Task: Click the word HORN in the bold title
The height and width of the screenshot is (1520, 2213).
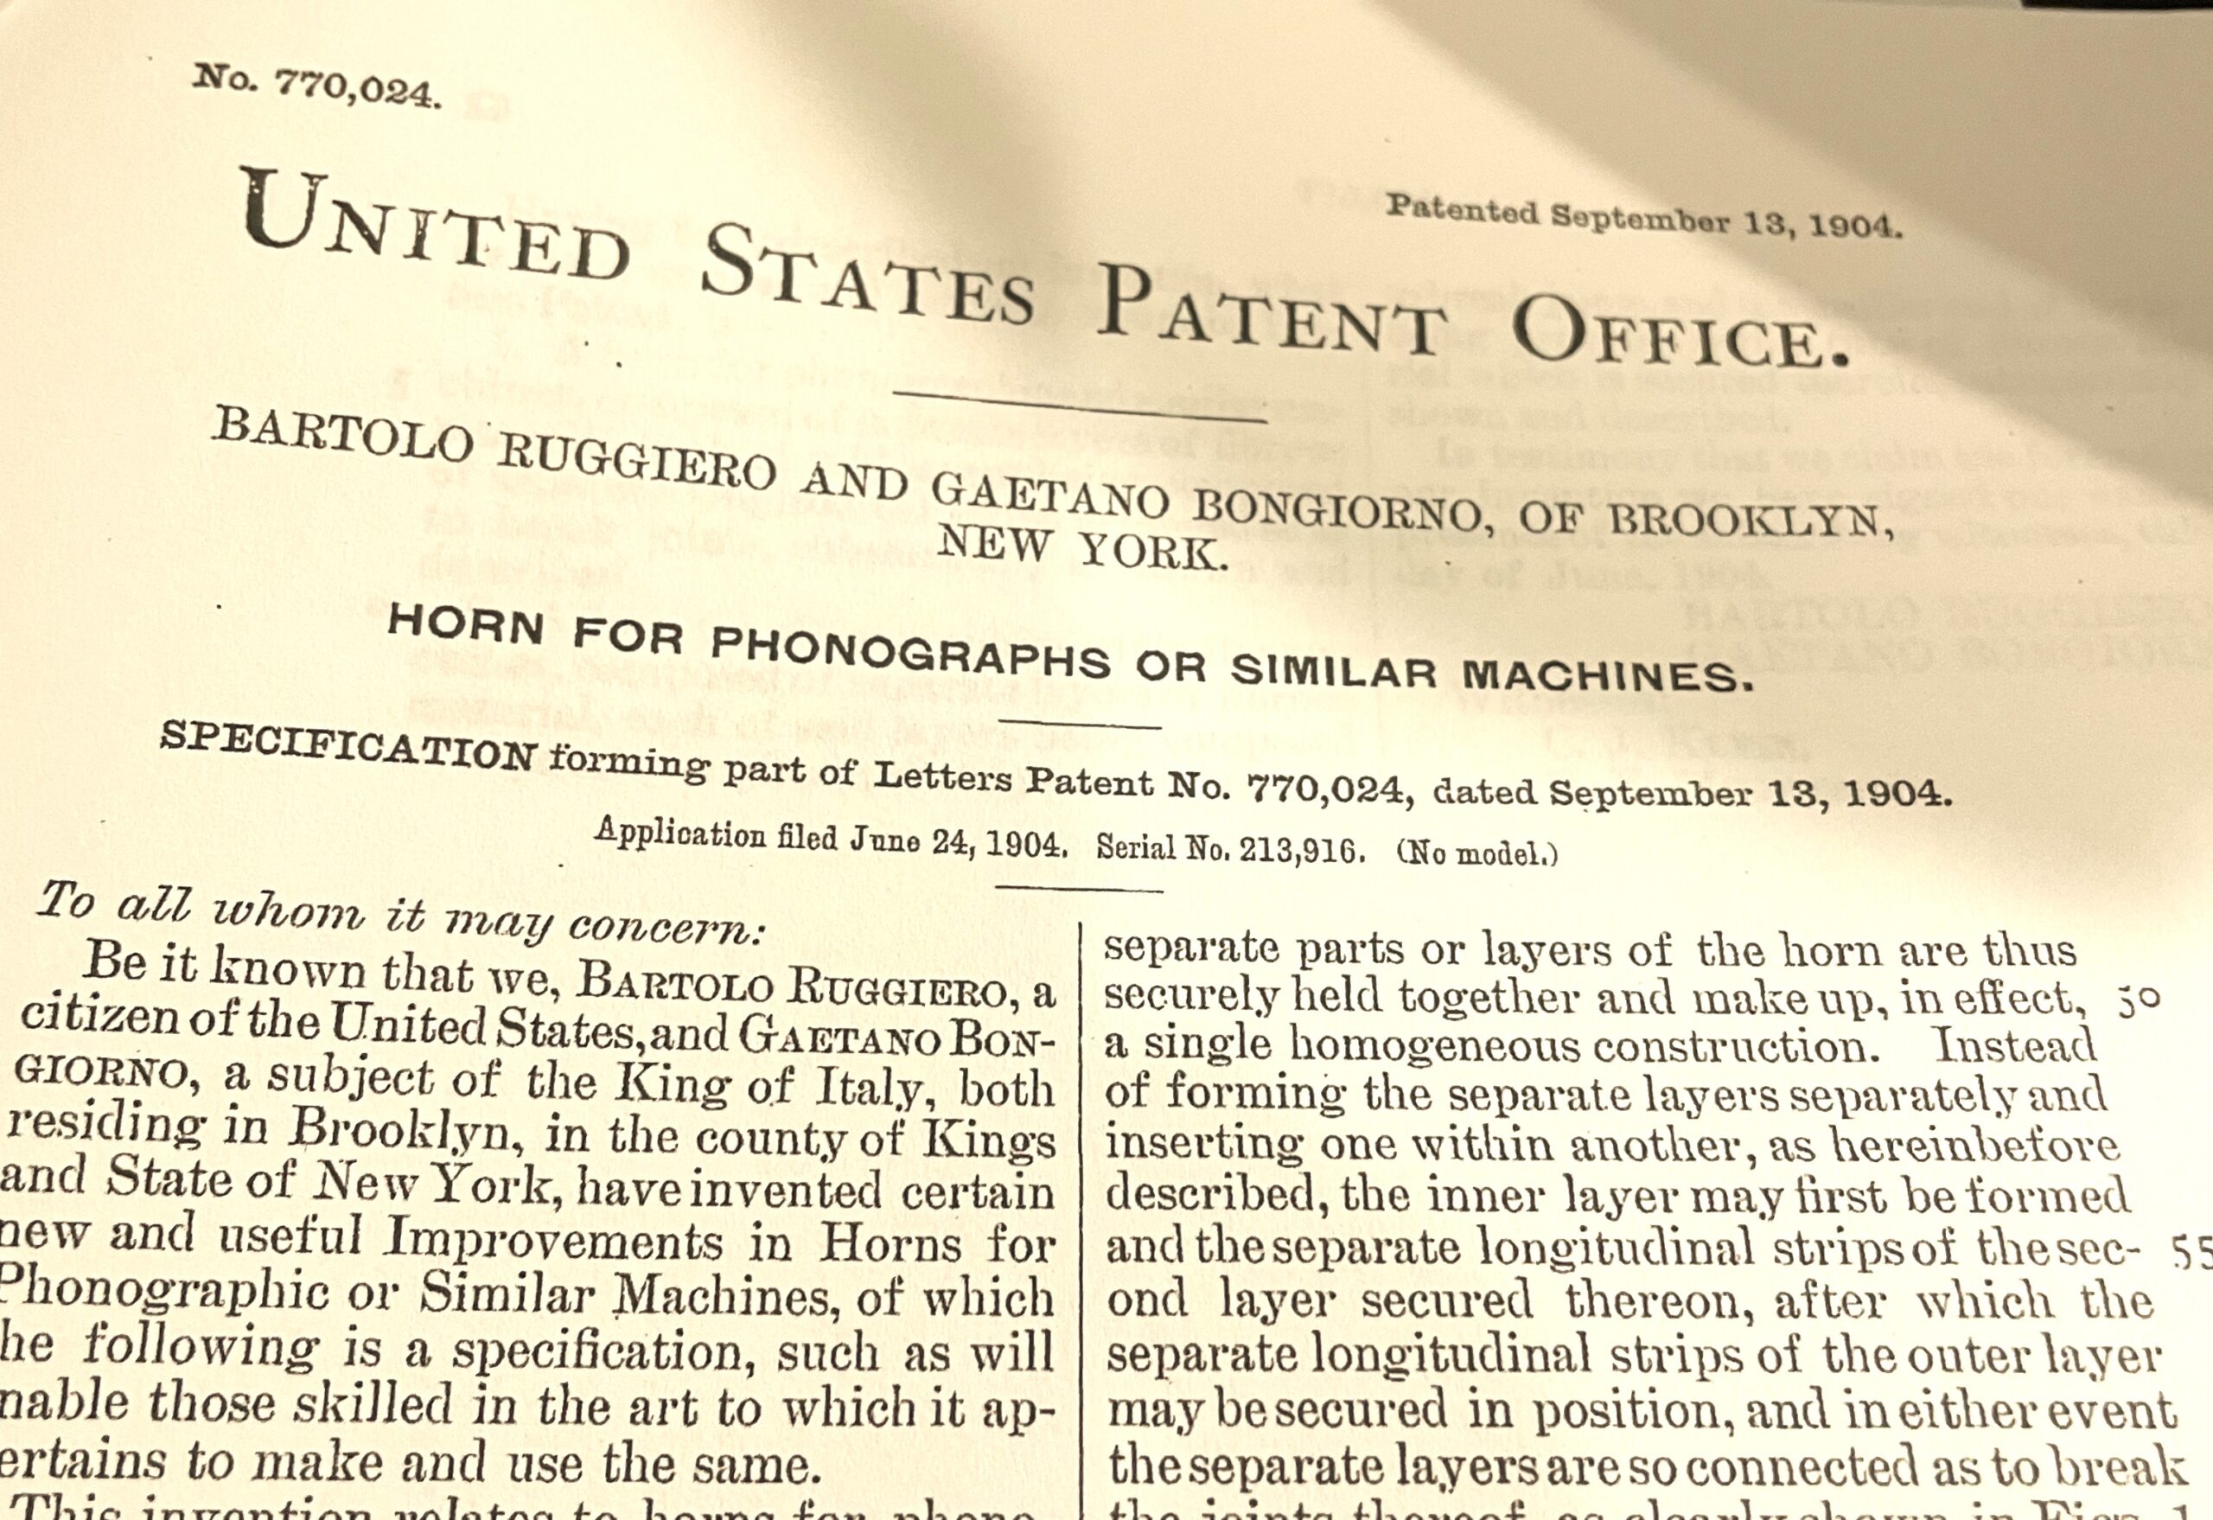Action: pyautogui.click(x=466, y=626)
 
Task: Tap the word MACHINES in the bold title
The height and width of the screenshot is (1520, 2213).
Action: pyautogui.click(x=1607, y=675)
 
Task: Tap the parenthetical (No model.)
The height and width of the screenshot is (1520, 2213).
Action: pyautogui.click(x=1477, y=853)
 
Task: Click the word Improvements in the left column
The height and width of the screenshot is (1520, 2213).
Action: pyautogui.click(x=553, y=1241)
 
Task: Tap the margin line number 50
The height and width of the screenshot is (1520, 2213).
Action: pyautogui.click(x=2139, y=999)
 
